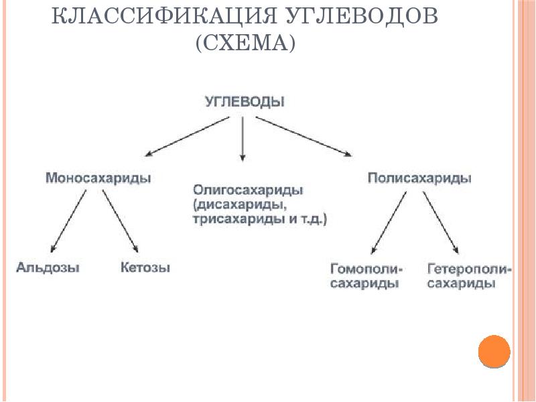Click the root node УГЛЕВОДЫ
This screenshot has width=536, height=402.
pos(244,102)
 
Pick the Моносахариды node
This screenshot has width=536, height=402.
pos(98,178)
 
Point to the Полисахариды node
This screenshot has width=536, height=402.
pos(419,178)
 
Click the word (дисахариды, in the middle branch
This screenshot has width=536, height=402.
pos(232,204)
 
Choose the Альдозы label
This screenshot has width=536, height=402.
pos(48,268)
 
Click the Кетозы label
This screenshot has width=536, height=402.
pos(145,268)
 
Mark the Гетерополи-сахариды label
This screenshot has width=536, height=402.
pos(469,277)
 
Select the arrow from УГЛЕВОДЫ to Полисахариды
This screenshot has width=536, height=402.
pos(304,137)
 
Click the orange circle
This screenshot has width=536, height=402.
pos(494,351)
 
